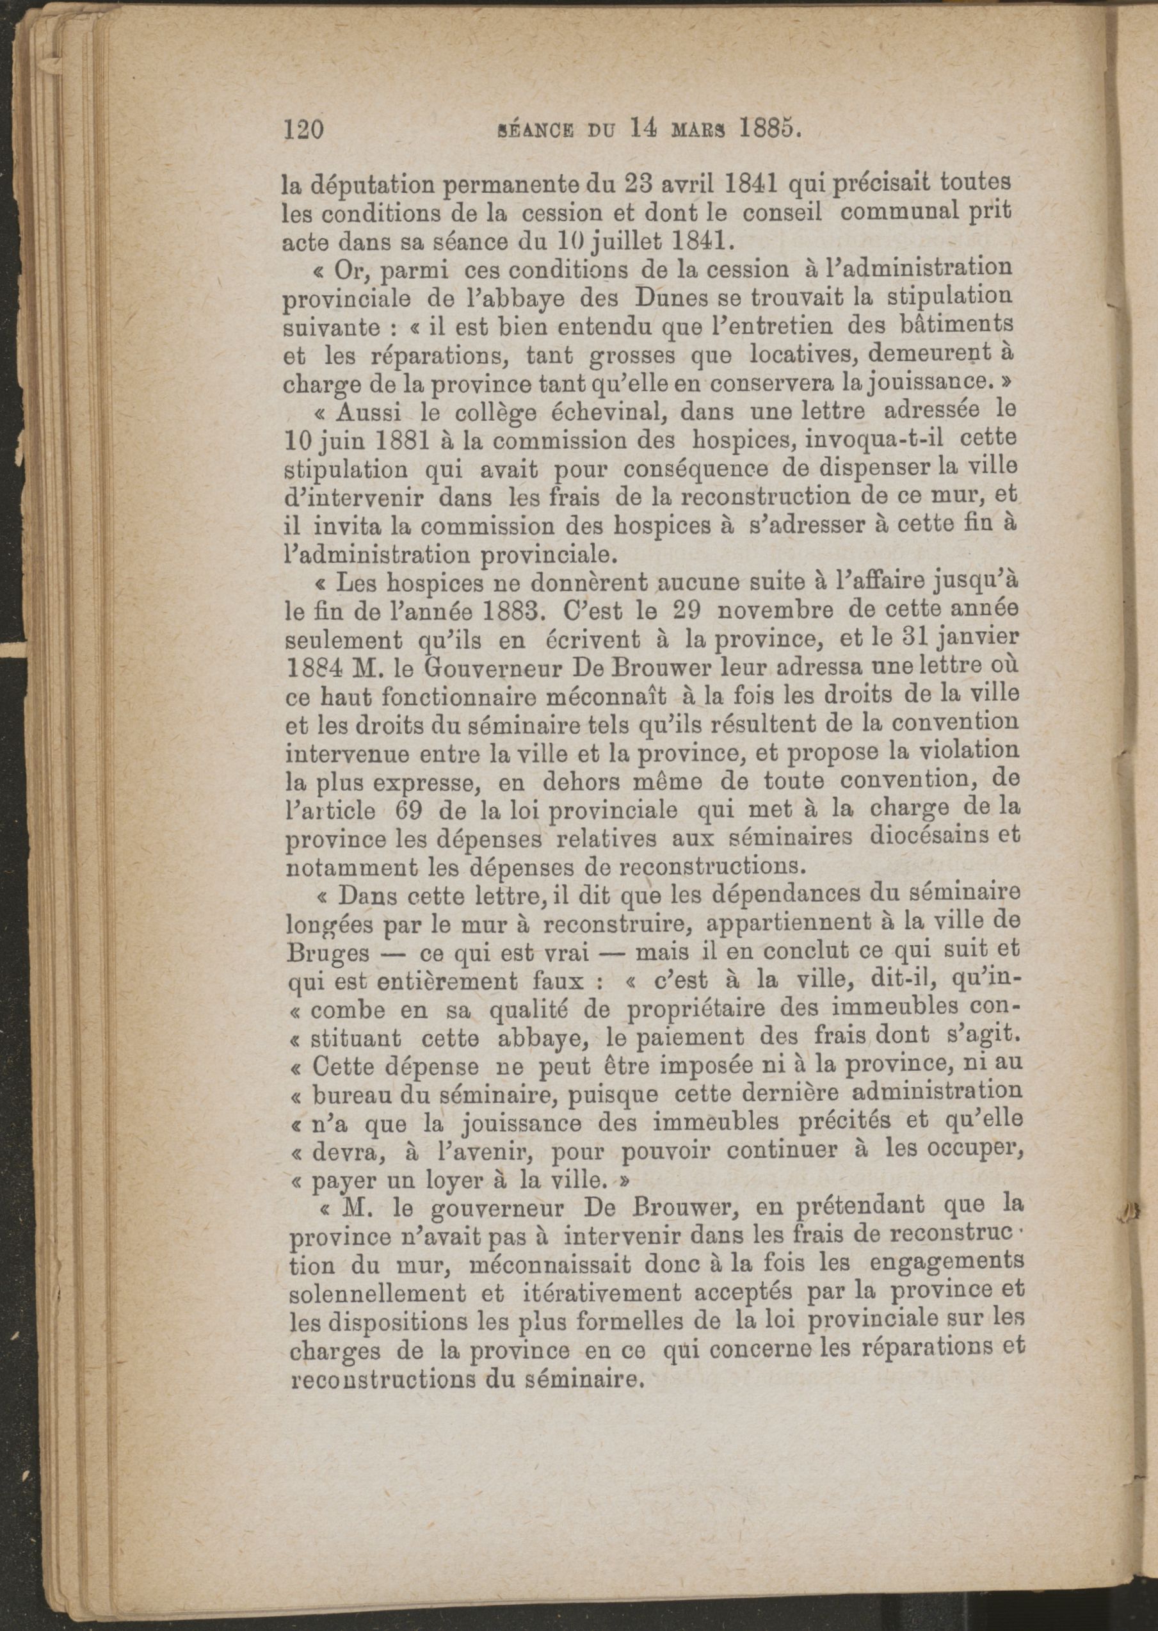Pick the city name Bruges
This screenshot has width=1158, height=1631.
pos(327,953)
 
